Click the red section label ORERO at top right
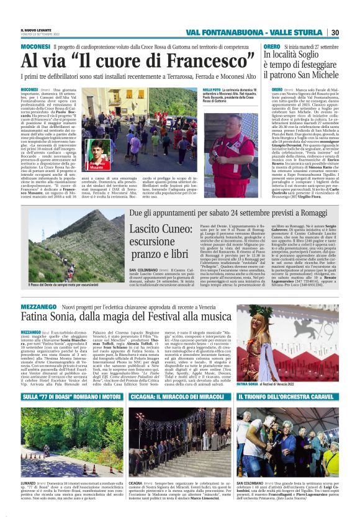(x=272, y=47)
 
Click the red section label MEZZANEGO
(x=38, y=307)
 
